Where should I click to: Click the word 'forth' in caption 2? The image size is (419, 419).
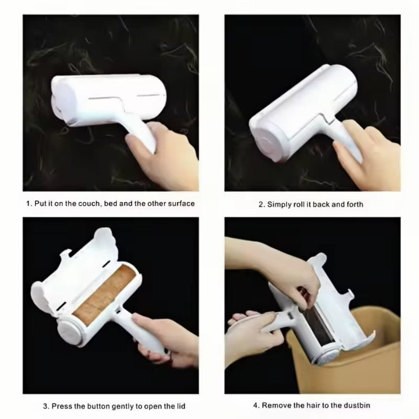click(354, 204)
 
